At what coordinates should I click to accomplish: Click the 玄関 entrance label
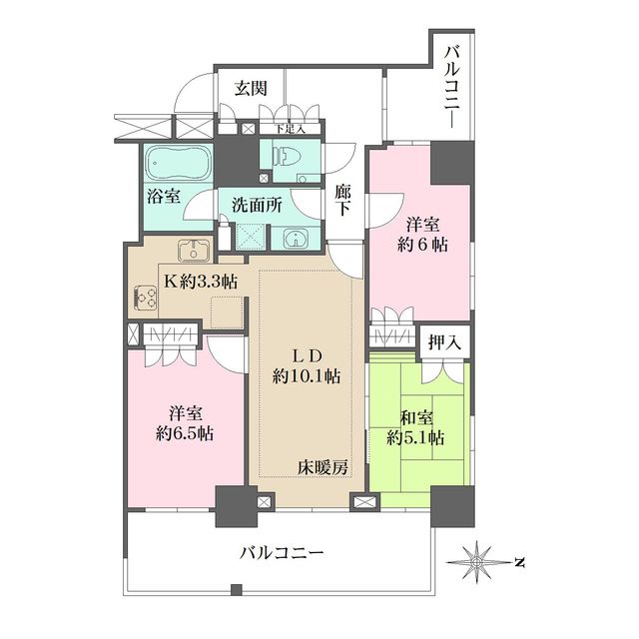251,88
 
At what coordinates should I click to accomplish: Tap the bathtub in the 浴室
176,162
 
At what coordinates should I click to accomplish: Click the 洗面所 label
257,205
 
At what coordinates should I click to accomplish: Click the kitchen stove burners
146,298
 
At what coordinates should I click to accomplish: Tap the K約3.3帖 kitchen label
201,282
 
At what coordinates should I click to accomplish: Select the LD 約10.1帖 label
308,365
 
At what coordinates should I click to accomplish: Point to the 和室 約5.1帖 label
416,426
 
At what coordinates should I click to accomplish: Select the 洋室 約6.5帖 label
182,422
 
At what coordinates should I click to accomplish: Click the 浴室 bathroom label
166,196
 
